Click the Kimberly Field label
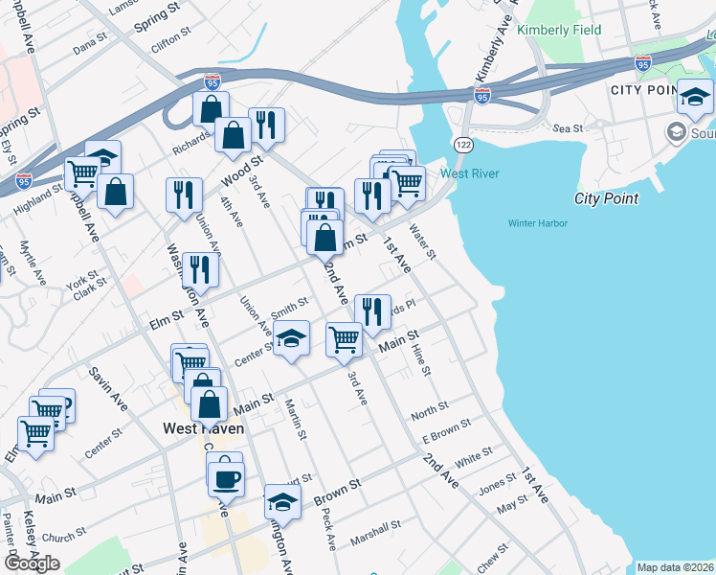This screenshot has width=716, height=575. click(559, 30)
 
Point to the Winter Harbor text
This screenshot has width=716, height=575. click(537, 223)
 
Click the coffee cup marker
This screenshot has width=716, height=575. click(226, 479)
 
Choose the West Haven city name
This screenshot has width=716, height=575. click(203, 428)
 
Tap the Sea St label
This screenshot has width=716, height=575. click(568, 127)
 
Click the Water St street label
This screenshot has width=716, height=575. click(422, 241)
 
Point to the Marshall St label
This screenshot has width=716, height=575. click(375, 529)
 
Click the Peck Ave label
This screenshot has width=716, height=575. click(330, 536)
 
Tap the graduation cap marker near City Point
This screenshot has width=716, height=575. click(696, 98)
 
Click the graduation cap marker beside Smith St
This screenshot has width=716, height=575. click(292, 338)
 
